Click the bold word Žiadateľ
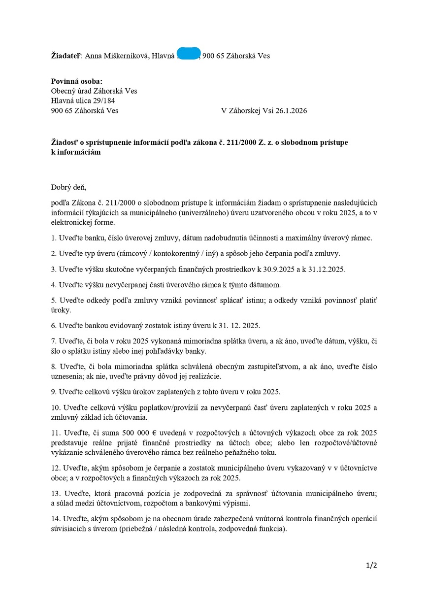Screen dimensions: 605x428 [x=66, y=56]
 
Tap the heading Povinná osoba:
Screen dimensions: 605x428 [x=77, y=81]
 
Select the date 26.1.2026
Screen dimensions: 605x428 [x=289, y=111]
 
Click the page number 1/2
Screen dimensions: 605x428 [x=372, y=565]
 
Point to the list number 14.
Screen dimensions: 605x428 [x=55, y=519]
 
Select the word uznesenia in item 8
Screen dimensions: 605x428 [x=67, y=376]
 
